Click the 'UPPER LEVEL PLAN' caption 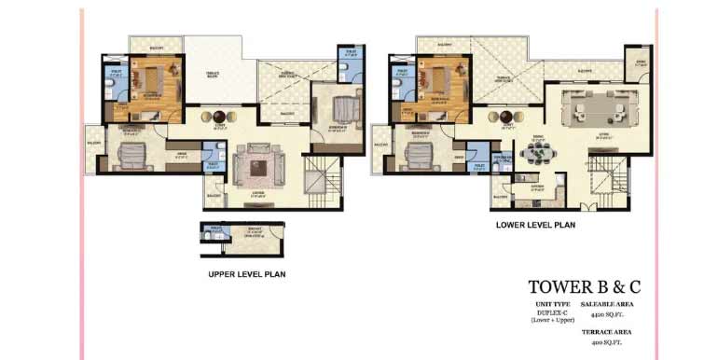coord(246,274)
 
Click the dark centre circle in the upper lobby coord(220,116)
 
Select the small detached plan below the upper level coord(242,240)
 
